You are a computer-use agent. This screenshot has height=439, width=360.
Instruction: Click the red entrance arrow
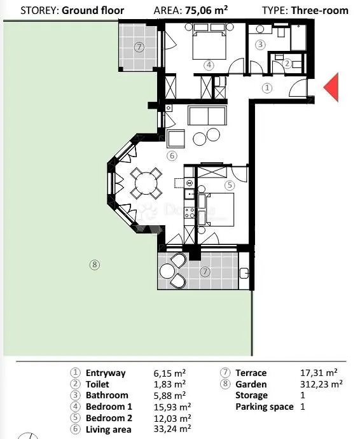point(333,87)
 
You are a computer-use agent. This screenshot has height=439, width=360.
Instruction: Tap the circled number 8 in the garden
point(95,265)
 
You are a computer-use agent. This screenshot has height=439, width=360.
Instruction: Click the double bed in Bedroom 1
point(209,45)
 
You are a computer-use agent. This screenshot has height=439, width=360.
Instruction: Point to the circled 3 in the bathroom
point(260,45)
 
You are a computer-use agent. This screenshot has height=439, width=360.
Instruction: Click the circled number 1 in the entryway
point(267,88)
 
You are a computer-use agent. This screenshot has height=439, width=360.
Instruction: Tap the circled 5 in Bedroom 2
point(230,185)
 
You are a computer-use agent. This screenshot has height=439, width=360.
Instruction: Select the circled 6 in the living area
point(172,155)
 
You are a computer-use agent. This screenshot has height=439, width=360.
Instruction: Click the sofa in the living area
point(207,115)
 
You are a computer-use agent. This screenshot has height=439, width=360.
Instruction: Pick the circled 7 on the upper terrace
point(139,46)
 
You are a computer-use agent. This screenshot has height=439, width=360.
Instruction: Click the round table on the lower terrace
point(167,271)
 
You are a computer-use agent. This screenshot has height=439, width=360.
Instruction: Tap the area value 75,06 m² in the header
point(206,10)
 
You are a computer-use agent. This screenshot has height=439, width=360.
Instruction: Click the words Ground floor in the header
point(93,10)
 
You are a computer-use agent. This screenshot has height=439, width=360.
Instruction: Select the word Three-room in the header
point(320,10)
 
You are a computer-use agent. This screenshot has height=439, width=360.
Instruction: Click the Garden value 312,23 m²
point(321,384)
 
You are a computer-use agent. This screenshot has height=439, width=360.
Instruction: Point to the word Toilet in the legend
point(97,384)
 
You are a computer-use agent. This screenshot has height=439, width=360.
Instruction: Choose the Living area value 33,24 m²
point(172,429)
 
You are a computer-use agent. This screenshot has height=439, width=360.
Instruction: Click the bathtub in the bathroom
point(298,38)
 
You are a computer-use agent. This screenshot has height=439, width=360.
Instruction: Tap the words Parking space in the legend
point(265,407)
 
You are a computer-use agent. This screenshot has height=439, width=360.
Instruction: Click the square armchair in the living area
point(176,139)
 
